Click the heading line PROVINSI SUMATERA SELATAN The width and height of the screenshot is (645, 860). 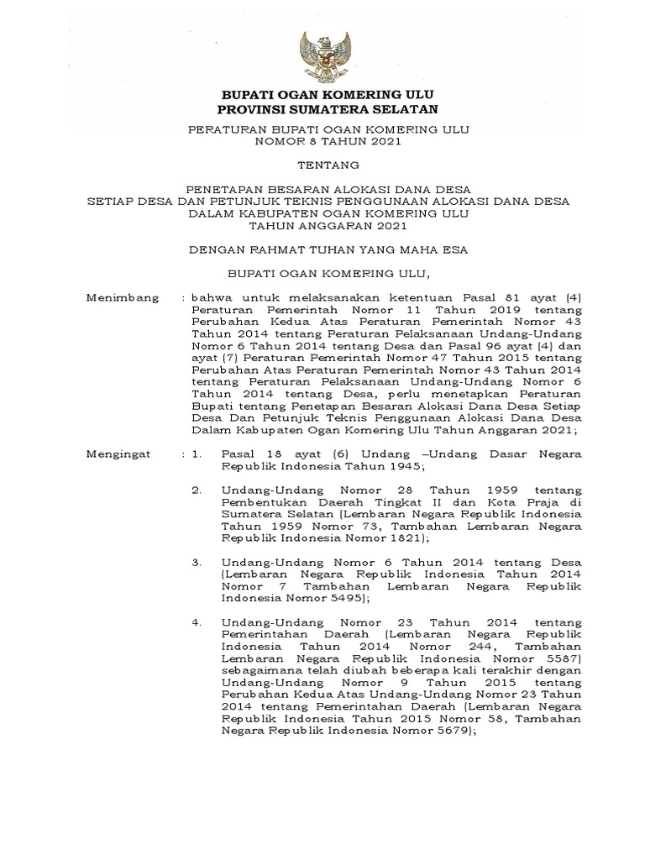[322, 109]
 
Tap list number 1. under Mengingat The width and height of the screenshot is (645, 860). [197, 454]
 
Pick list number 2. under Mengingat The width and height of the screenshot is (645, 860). [197, 490]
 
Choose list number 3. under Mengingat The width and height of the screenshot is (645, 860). [197, 561]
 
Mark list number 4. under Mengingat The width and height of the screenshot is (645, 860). [197, 623]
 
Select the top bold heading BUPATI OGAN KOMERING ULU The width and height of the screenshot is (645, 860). [322, 94]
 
